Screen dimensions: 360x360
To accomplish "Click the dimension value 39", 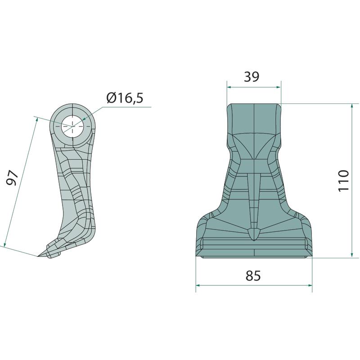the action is point(252,76).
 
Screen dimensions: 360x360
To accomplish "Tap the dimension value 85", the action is point(253,275).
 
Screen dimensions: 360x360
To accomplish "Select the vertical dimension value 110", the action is point(344,180).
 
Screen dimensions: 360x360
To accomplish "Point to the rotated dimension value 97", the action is point(12,178).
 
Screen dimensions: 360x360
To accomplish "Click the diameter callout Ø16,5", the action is point(125,98).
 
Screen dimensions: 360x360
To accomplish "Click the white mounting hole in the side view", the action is point(72,126).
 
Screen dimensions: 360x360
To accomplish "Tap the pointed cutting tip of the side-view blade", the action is point(38,256).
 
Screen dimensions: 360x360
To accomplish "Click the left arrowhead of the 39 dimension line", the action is point(229,87).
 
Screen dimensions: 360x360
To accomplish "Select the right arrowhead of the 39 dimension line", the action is point(279,87).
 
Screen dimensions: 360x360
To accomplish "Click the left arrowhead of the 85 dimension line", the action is point(198,285).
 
